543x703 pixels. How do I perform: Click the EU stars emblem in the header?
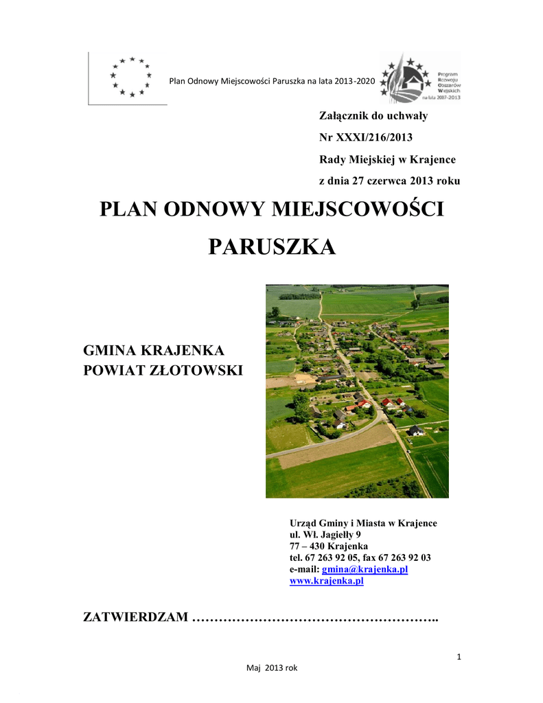click(130, 76)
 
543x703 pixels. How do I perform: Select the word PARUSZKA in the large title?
click(272, 246)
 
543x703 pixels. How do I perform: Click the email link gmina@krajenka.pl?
click(365, 569)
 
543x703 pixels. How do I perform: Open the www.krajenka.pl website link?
click(326, 581)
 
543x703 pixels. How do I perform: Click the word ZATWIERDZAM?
click(135, 618)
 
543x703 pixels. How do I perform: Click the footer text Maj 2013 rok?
click(272, 667)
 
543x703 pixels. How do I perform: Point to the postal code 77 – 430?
click(305, 546)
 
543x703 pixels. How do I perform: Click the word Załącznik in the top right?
click(345, 116)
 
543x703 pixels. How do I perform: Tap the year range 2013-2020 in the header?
click(355, 82)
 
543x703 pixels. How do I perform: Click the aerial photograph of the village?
click(357, 391)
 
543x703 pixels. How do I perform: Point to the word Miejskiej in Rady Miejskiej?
click(376, 159)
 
